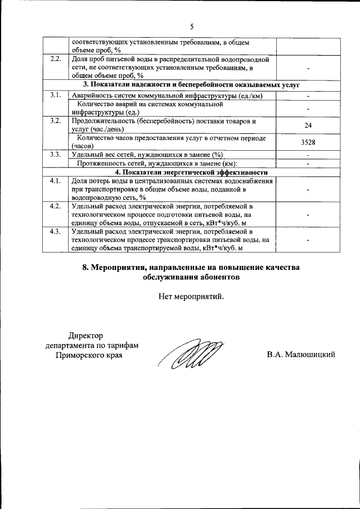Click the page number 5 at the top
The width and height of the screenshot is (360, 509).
click(x=191, y=26)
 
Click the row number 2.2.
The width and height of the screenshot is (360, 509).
click(x=55, y=59)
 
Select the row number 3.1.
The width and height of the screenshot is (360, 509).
click(x=55, y=95)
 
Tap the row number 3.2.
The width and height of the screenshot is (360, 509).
click(x=55, y=121)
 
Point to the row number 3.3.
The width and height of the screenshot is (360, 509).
click(x=55, y=155)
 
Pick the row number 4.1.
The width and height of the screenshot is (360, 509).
click(x=55, y=181)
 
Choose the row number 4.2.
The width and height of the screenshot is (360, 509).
click(x=55, y=206)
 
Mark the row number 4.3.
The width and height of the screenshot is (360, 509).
click(x=55, y=231)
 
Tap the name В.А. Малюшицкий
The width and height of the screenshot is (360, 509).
click(x=301, y=354)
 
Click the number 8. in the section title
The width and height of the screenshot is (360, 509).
click(x=87, y=267)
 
